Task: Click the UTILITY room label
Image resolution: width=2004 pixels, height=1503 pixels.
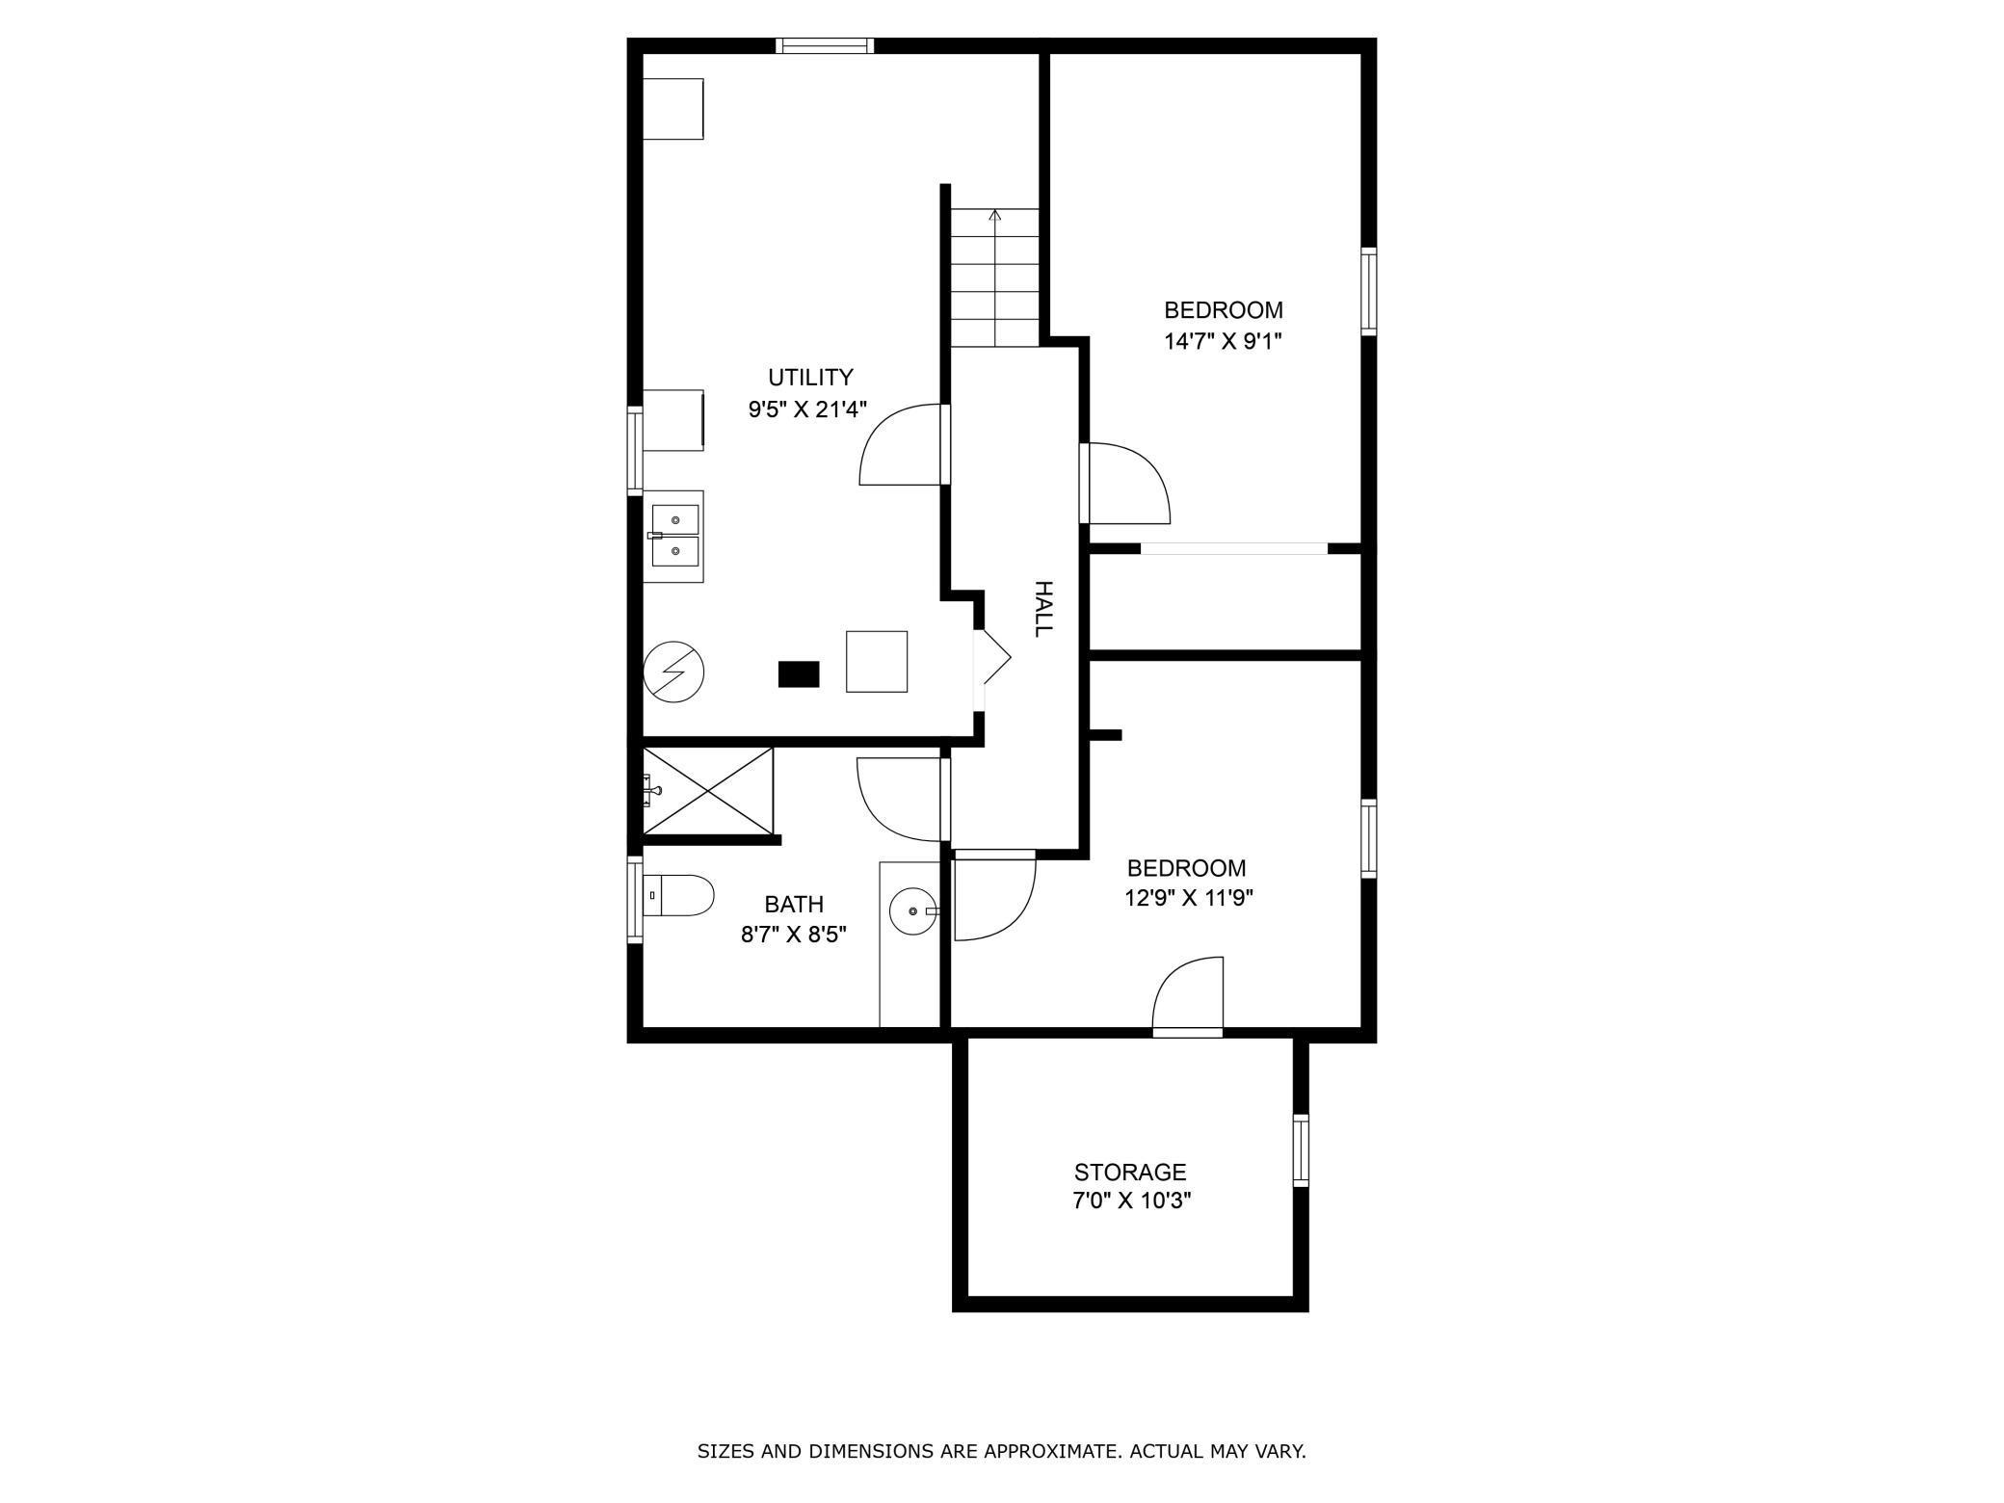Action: [x=809, y=377]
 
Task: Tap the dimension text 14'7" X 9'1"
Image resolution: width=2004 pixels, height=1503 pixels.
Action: [x=1223, y=341]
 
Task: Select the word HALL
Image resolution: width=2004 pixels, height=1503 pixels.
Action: [x=1042, y=608]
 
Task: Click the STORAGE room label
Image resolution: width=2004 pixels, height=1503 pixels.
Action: [x=1129, y=1172]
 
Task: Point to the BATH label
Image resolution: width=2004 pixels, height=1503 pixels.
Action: [x=793, y=904]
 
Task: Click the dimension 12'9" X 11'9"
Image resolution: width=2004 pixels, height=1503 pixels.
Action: [x=1188, y=898]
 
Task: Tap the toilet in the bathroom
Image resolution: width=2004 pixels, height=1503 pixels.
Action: [x=678, y=895]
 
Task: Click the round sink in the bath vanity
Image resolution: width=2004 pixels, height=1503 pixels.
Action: [x=911, y=910]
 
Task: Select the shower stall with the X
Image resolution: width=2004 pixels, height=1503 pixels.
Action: [x=708, y=790]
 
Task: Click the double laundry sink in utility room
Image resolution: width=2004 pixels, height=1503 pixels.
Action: [x=674, y=536]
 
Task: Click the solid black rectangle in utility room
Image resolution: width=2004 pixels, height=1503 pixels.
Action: [x=798, y=673]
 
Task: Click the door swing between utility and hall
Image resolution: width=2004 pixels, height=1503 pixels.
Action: [x=901, y=445]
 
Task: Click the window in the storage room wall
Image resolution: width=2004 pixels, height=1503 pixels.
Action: [x=1301, y=1149]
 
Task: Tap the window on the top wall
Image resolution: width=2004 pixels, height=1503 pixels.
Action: [x=825, y=45]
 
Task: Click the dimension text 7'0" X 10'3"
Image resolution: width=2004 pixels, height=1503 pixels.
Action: [x=1131, y=1201]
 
